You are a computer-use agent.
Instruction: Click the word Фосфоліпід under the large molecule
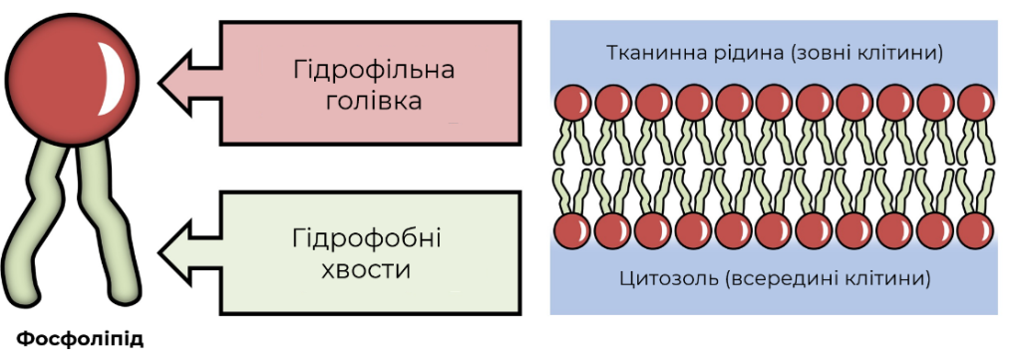(x=80, y=340)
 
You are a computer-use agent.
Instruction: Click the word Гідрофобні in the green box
(x=367, y=239)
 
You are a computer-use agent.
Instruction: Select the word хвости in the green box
(x=367, y=269)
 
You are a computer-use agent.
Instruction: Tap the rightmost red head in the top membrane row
(x=976, y=103)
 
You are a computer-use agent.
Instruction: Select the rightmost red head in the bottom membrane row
(x=976, y=231)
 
